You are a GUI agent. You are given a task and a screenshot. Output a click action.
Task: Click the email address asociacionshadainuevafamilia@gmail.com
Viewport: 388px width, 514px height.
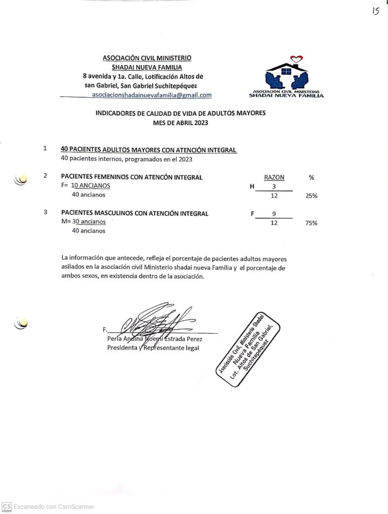pos(152,95)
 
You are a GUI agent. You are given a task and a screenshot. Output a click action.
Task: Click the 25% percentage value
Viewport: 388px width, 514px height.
pos(311,196)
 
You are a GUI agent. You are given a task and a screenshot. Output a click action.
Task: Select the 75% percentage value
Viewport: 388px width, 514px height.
pos(311,223)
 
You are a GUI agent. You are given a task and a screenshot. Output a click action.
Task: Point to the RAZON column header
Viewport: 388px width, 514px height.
pos(274,177)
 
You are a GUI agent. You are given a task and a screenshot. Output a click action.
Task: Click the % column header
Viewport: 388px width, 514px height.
pos(311,177)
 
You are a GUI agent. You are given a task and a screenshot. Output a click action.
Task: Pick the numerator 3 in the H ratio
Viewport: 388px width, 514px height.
pos(274,187)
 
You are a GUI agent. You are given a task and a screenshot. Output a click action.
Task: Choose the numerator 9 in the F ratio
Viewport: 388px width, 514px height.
pos(274,214)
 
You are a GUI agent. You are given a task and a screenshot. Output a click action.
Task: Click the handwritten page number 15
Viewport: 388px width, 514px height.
pos(375,12)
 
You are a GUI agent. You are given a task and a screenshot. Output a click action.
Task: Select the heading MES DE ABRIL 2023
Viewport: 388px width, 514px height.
pos(180,122)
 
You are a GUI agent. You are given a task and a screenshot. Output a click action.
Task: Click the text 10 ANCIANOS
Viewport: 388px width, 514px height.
pos(91,186)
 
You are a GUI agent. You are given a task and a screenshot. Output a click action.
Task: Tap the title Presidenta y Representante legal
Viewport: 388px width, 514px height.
pos(153,348)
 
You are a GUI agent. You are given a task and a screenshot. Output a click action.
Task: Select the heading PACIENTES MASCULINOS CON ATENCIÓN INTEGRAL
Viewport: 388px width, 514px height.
pos(135,213)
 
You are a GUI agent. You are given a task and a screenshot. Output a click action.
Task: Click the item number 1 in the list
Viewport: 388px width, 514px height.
pos(45,149)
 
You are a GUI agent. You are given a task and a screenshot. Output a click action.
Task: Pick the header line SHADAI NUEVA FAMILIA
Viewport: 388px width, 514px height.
pos(147,67)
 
